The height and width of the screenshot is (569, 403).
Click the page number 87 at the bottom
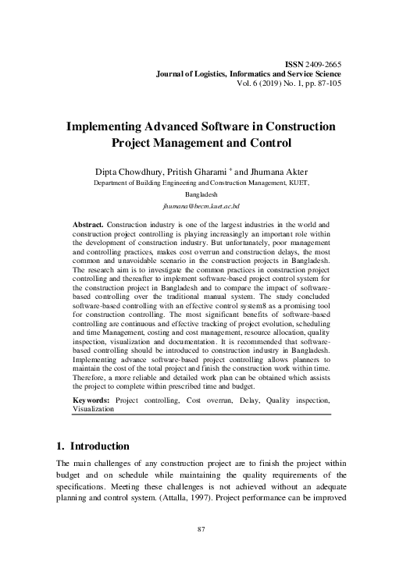201,552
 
